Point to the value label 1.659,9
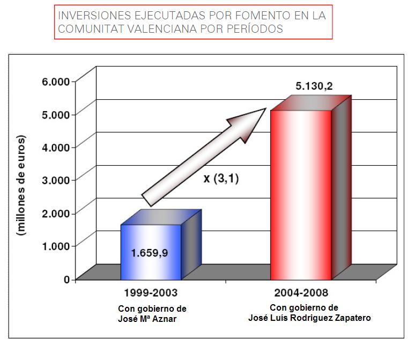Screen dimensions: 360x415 click(150, 253)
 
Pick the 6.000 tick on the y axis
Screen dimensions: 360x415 click(56, 81)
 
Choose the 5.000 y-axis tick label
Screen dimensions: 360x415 click(56, 114)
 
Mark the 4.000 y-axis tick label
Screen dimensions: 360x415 click(56, 146)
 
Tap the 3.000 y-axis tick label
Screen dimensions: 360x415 click(56, 179)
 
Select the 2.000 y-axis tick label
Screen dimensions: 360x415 click(56, 212)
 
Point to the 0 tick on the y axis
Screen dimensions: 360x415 click(67, 279)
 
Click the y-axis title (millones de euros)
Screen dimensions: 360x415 click(22, 186)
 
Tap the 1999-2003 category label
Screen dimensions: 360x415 click(151, 294)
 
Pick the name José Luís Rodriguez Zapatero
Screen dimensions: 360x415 click(310, 318)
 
